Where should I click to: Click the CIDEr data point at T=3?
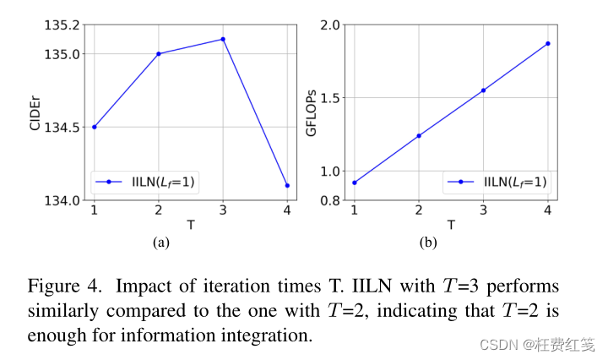(223, 40)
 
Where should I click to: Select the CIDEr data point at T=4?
(287, 185)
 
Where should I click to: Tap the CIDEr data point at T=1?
(94, 127)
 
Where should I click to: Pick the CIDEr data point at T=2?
(158, 54)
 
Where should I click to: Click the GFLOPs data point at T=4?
(547, 43)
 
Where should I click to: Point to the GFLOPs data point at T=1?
(354, 183)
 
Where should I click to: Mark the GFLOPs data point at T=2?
(418, 135)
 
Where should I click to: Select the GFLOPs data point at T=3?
(483, 90)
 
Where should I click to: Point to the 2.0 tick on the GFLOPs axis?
(330, 25)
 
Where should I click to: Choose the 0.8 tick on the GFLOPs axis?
(330, 201)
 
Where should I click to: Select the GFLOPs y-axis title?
(312, 112)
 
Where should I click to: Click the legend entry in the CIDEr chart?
(146, 181)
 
